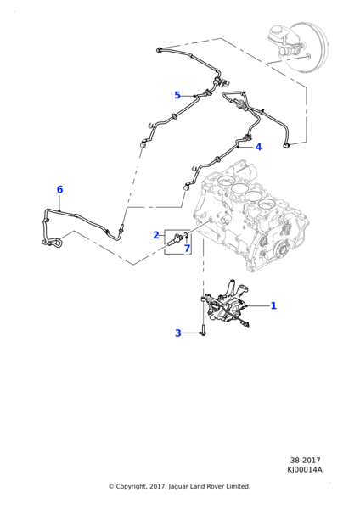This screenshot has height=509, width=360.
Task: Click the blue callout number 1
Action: click(x=273, y=305)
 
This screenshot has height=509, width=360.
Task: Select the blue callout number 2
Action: click(x=156, y=235)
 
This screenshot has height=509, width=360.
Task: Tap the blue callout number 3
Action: click(x=178, y=333)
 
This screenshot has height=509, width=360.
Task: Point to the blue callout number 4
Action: click(x=258, y=147)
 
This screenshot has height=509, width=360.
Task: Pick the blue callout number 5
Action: click(x=177, y=95)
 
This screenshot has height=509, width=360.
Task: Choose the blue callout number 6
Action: click(x=59, y=189)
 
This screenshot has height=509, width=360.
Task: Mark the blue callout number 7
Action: click(x=187, y=249)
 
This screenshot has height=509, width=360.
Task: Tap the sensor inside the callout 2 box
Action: click(x=176, y=241)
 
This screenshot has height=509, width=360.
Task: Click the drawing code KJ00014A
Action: click(x=305, y=469)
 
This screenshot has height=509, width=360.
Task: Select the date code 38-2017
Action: click(x=305, y=461)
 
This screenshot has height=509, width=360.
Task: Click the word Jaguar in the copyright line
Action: click(x=178, y=487)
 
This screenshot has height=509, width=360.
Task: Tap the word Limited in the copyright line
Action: click(x=239, y=486)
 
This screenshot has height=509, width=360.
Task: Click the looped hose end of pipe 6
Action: click(x=53, y=242)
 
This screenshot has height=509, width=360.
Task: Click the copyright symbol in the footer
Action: click(x=111, y=486)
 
